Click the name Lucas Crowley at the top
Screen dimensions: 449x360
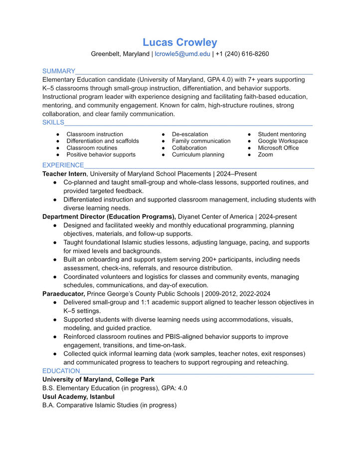[180, 42]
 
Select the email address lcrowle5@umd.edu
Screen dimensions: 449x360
[182, 54]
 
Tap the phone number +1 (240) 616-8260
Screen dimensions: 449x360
[242, 54]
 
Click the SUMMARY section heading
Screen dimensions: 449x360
[59, 71]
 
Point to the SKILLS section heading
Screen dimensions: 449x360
[53, 122]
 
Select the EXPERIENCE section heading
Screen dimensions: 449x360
[63, 165]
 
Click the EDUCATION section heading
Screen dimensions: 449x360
[61, 371]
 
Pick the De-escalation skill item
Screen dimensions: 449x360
[190, 134]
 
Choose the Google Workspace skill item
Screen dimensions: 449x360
[283, 141]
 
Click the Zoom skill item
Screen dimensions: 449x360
[265, 155]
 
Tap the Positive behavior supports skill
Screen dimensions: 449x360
[101, 155]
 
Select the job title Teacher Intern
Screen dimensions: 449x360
[64, 174]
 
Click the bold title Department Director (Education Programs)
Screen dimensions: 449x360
[109, 217]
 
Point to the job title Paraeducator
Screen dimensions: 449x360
[63, 294]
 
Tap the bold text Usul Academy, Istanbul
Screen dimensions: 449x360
[78, 397]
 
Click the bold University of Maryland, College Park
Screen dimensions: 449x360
[98, 380]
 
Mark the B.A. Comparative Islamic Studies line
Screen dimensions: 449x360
[109, 405]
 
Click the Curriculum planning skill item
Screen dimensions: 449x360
[198, 155]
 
